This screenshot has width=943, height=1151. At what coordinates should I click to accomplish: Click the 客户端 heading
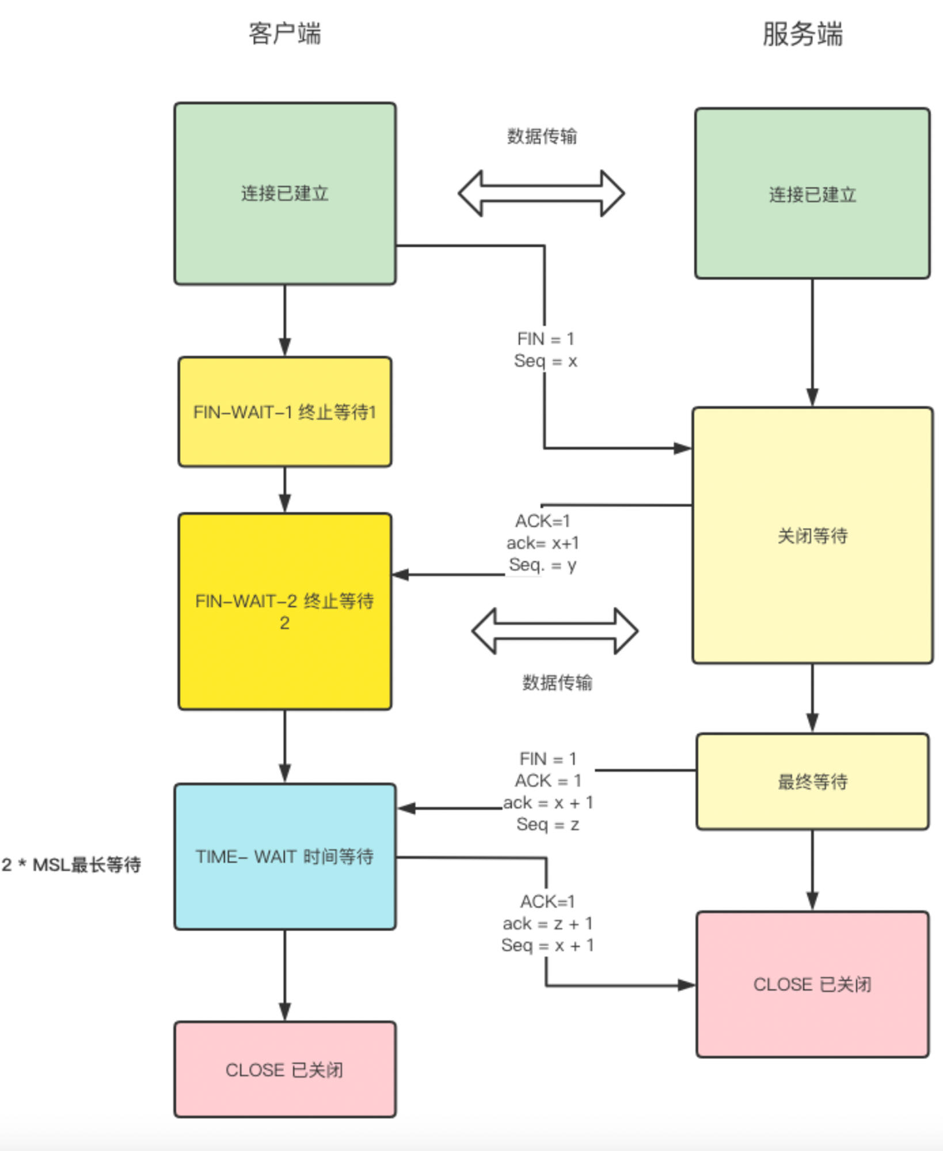pos(285,33)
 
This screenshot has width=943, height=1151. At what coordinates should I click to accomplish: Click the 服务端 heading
pos(803,34)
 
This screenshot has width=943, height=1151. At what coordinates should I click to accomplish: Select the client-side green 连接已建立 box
pos(285,194)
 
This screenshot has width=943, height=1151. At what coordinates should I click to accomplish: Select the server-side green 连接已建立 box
pos(812,194)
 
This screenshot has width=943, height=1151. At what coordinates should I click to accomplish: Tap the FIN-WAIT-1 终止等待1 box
pos(285,412)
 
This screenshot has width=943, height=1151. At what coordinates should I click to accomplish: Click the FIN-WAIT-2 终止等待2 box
pos(285,611)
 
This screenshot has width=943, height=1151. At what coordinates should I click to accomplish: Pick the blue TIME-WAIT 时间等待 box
pos(285,856)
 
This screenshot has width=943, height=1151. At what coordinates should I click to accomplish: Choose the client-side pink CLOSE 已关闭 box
pos(285,1069)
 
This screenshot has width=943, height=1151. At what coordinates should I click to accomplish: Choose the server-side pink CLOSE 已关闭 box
pos(812,984)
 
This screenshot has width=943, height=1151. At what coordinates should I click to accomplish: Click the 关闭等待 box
pos(812,536)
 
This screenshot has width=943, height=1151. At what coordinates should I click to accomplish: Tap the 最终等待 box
pos(812,782)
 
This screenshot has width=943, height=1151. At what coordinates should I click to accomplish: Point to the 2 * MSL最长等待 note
pos(71,864)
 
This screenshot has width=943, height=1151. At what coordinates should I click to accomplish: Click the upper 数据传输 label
pos(542,136)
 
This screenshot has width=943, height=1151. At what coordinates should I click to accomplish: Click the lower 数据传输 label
pos(557,683)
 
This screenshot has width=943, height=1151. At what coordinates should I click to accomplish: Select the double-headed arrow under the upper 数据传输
pos(541,193)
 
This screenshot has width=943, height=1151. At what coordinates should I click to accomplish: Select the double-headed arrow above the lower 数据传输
pos(555,631)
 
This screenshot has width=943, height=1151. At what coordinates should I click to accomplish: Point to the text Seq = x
pos(545,361)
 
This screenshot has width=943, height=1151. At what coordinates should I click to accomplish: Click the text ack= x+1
pos(543,543)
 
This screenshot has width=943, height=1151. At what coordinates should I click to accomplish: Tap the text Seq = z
pos(547,825)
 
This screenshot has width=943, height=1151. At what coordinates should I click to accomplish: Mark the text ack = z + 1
pos(547,924)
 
